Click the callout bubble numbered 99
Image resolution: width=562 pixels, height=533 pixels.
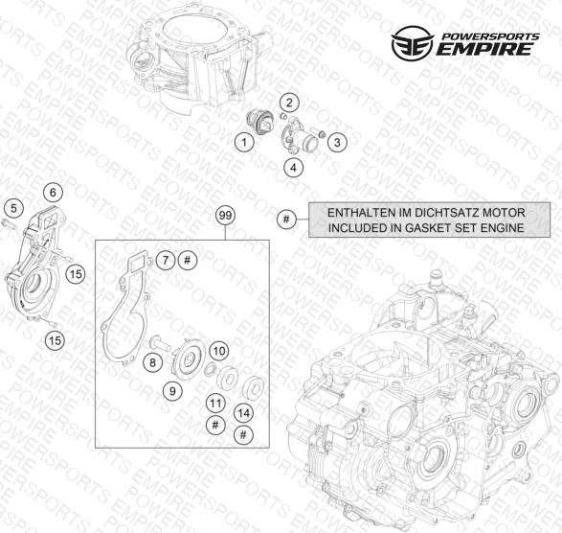coord(225,216)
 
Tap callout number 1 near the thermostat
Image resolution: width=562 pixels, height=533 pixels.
coord(244,143)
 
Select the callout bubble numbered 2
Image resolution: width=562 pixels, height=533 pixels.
coord(289,103)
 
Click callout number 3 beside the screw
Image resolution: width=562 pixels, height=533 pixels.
coord(337,142)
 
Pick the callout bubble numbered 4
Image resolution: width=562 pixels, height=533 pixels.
coord(294,167)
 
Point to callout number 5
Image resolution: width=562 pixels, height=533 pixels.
coord(13,208)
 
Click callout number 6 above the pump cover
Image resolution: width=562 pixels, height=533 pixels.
coord(53,193)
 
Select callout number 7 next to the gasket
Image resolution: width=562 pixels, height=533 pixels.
coord(166,260)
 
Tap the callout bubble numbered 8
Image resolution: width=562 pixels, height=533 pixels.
coord(152,362)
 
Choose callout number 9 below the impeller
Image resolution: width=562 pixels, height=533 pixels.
coord(172,390)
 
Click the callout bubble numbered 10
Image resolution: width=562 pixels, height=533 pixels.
coord(219,351)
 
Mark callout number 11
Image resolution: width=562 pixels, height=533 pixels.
coord(215,404)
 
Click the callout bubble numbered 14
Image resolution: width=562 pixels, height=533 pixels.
coord(244,413)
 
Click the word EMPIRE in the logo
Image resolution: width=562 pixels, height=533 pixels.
coord(484,49)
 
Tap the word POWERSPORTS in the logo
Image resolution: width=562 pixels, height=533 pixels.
coord(490,36)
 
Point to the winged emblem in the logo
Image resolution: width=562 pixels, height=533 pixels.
coord(413,43)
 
